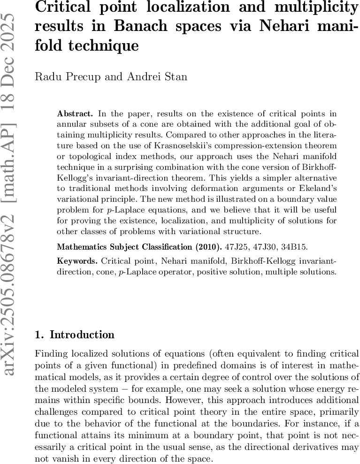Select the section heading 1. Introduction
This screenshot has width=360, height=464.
click(x=75, y=335)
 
